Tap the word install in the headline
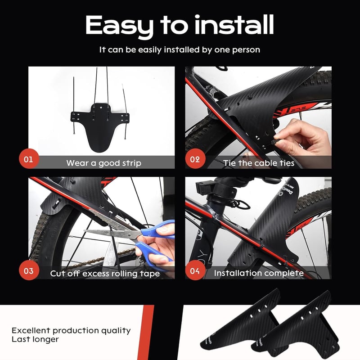[234, 25]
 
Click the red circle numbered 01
[29, 159]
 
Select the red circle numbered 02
[195, 159]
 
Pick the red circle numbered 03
[29, 270]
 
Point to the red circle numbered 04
[195, 270]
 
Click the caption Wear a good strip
[104, 163]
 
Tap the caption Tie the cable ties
[259, 163]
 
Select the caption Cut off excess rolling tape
[105, 274]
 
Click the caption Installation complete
[259, 273]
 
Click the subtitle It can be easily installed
[180, 50]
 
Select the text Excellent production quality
[71, 331]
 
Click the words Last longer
[35, 339]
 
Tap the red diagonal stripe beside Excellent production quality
[145, 333]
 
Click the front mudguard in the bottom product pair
[296, 326]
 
